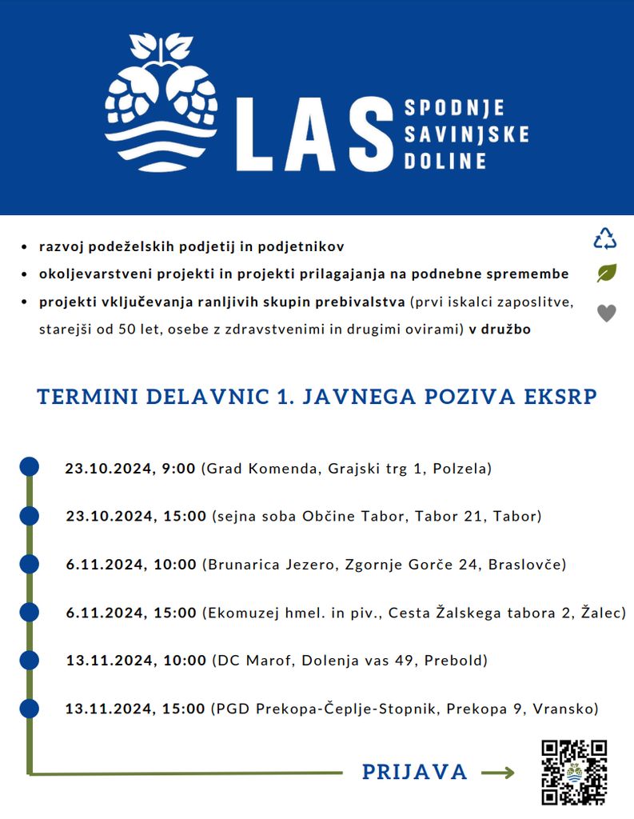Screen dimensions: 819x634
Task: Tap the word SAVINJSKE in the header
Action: pyautogui.click(x=466, y=134)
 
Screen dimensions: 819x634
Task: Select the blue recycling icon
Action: pyautogui.click(x=605, y=238)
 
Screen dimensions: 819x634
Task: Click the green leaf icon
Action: pyautogui.click(x=607, y=274)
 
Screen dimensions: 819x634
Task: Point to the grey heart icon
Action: pyautogui.click(x=607, y=314)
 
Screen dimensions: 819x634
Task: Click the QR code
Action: pyautogui.click(x=573, y=772)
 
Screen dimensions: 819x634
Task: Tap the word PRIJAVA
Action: pyautogui.click(x=414, y=772)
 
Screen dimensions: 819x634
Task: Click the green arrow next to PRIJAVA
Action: pyautogui.click(x=497, y=773)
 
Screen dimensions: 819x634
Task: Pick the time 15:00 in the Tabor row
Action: pyautogui.click(x=185, y=517)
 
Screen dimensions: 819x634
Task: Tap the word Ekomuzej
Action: pyautogui.click(x=237, y=613)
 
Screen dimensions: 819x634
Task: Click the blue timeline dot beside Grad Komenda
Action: pyautogui.click(x=29, y=466)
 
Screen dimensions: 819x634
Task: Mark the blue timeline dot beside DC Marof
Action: pyautogui.click(x=29, y=660)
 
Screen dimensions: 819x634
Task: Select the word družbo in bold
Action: pyautogui.click(x=504, y=329)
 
